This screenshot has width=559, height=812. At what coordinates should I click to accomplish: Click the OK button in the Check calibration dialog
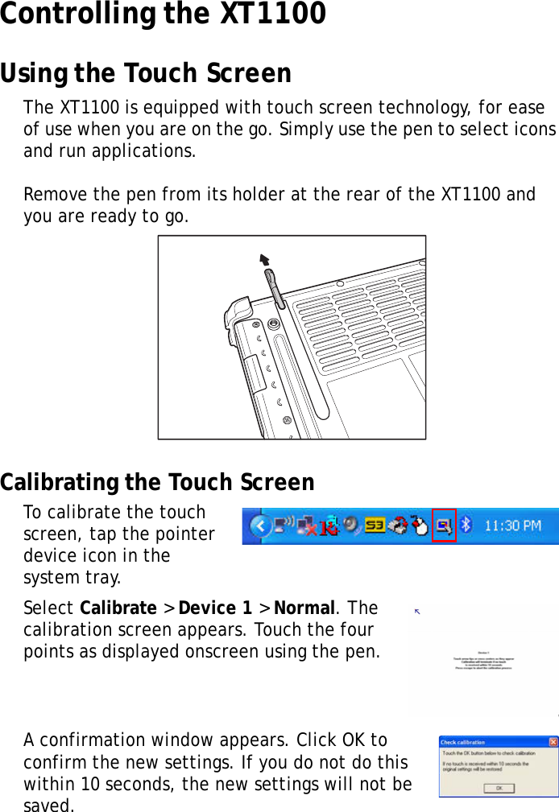[x=499, y=788]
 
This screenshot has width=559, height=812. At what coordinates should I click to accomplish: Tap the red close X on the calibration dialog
[x=553, y=741]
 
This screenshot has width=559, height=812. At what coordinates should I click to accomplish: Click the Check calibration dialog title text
[x=463, y=742]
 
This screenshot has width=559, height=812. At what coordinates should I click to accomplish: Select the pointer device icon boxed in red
[x=444, y=526]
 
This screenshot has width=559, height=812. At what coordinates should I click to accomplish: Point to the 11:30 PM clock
[x=512, y=526]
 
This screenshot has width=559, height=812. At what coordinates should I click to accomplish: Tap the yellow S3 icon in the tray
[x=375, y=526]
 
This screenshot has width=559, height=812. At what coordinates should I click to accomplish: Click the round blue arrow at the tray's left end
[x=260, y=527]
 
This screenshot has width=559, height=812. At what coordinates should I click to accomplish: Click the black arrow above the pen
[x=263, y=259]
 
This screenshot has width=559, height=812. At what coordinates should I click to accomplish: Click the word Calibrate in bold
[x=118, y=608]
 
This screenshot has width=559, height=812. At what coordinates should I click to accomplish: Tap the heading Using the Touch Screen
[x=146, y=74]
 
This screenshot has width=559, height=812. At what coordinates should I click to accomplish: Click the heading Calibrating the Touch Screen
[x=157, y=483]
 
